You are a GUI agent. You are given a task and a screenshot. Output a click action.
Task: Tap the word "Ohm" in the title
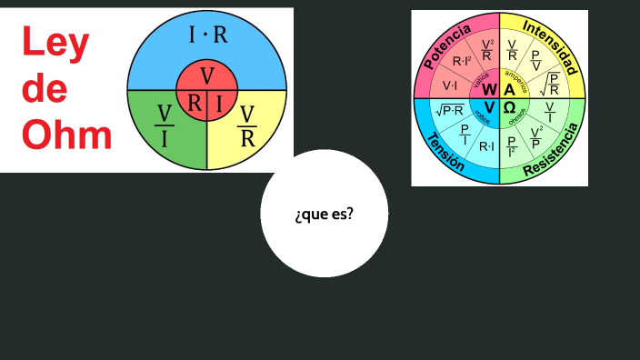[66, 135]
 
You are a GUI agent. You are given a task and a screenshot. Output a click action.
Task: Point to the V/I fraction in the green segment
[165, 125]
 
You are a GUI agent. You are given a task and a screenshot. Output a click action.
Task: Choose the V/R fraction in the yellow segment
[246, 125]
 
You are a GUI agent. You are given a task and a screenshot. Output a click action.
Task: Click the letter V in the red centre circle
[207, 75]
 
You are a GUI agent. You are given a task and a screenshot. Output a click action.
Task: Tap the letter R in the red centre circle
[195, 103]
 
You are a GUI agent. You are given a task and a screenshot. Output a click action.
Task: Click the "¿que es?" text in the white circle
[325, 215]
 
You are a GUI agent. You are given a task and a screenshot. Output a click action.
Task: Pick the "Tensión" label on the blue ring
[445, 151]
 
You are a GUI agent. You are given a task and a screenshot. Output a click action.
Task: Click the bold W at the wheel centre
[490, 89]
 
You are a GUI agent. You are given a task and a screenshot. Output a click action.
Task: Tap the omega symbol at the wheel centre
[510, 107]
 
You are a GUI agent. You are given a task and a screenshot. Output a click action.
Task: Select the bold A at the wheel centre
[510, 89]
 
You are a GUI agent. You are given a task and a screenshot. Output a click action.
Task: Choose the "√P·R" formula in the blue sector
[449, 110]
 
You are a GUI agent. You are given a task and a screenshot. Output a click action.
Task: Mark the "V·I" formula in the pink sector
[449, 85]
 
